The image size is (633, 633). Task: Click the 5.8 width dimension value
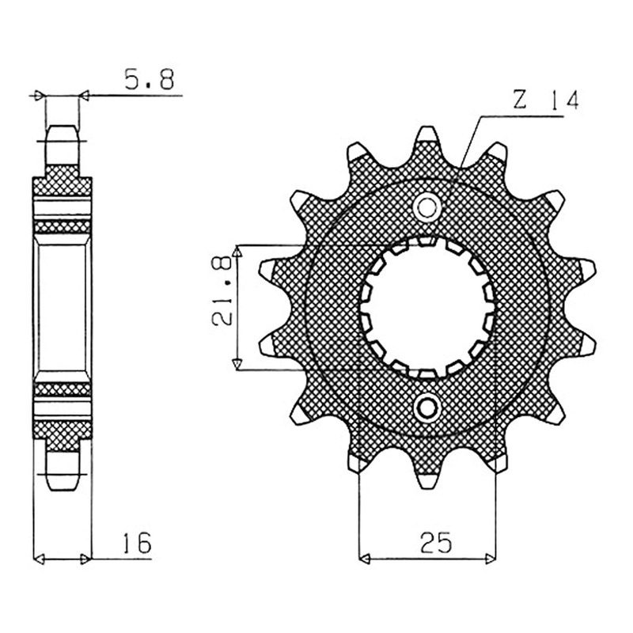coord(150,80)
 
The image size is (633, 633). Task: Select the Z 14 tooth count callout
coord(546,100)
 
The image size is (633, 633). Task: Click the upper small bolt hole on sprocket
coord(426,207)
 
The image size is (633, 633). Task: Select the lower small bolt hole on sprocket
coord(426,408)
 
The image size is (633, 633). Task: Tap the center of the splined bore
coord(427,308)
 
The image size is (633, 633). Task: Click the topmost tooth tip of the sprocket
coord(426,129)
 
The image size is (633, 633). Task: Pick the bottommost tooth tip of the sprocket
coord(427,487)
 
